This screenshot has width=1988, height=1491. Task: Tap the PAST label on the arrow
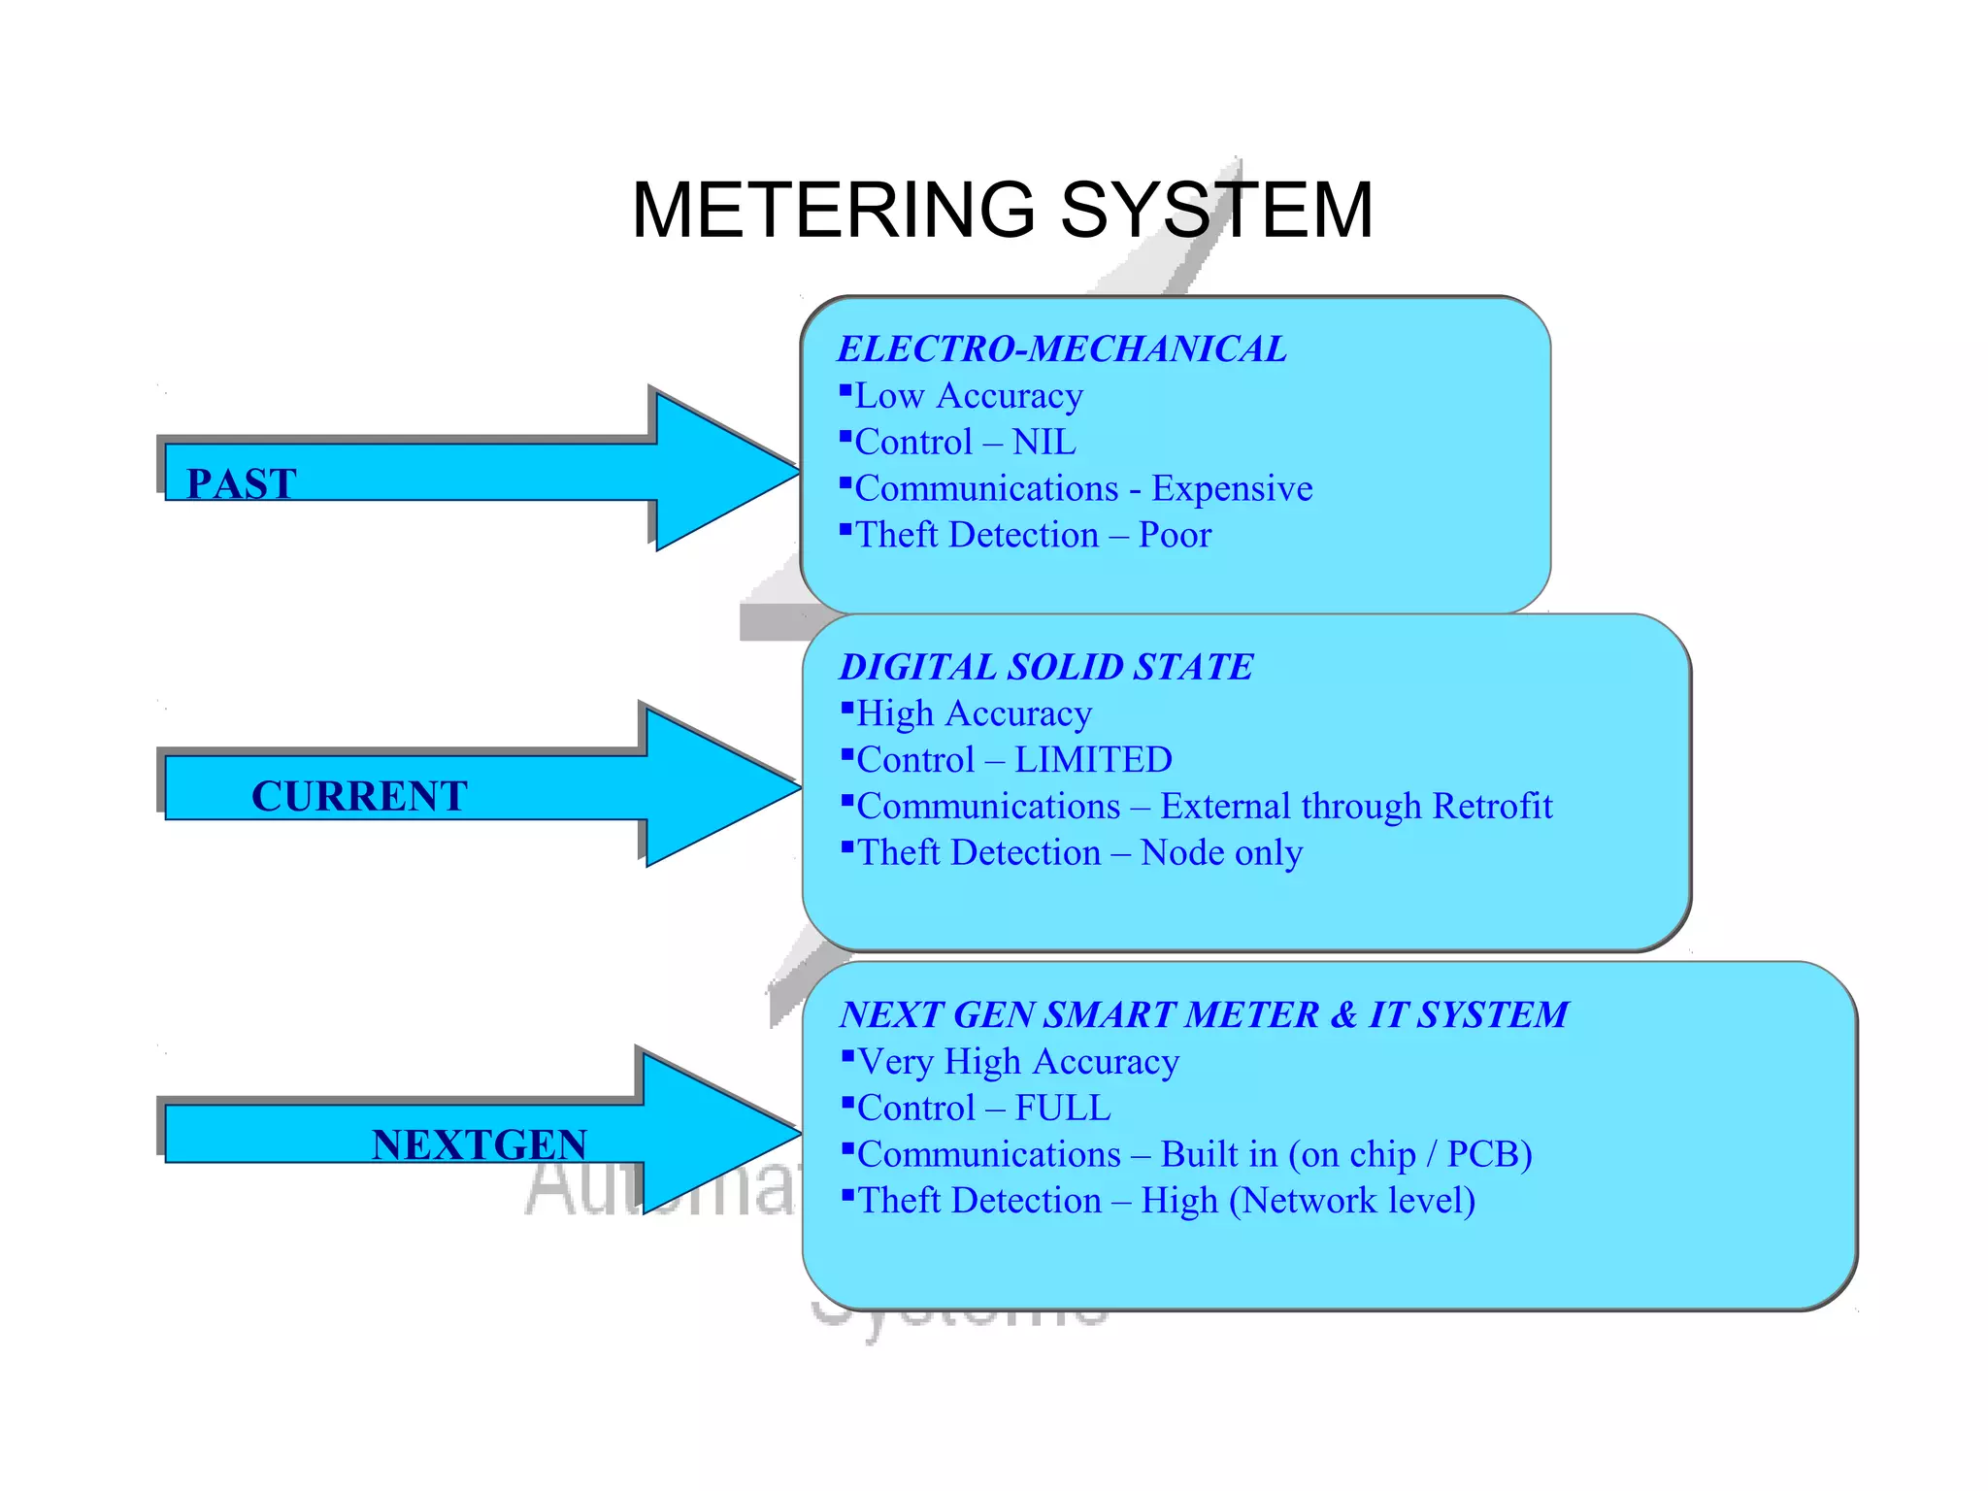[242, 483]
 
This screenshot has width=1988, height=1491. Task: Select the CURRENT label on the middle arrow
[359, 796]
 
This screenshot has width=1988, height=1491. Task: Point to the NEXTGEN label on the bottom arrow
[480, 1144]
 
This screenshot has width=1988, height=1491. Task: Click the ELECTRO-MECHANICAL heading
[1062, 348]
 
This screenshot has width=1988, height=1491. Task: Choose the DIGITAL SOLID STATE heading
[1046, 667]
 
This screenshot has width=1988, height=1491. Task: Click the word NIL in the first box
[1044, 443]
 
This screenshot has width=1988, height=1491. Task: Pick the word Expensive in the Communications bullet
[1232, 488]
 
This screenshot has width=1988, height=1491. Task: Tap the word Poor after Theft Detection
[1175, 535]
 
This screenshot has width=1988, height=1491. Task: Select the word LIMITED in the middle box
[1093, 760]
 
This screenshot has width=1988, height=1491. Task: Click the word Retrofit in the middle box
[1492, 807]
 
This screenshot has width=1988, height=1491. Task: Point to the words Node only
[1221, 853]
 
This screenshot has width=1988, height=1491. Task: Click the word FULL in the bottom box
[1063, 1108]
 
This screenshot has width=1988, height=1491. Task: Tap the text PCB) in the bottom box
[1489, 1154]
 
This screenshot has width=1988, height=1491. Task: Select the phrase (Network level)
[1352, 1201]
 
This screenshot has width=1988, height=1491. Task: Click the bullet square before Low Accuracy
[845, 389]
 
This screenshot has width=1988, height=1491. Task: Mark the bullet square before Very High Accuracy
[847, 1055]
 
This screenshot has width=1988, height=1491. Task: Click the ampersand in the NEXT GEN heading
[1343, 1014]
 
